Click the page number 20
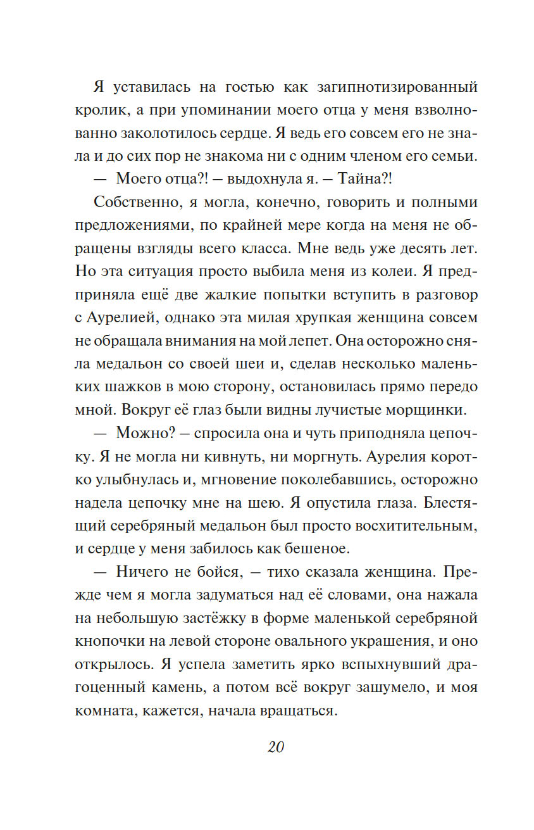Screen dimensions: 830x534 276,747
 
